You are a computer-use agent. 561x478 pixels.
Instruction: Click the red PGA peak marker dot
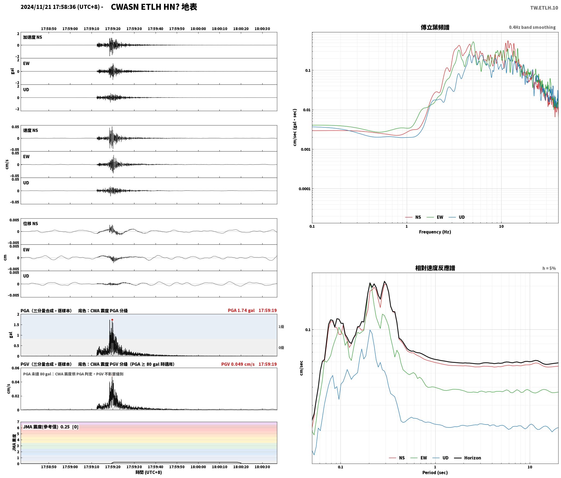click(112, 320)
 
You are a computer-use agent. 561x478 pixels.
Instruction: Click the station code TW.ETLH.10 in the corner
click(544, 8)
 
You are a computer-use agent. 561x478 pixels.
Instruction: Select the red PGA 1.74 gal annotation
click(241, 310)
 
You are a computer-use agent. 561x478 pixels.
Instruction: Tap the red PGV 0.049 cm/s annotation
click(238, 364)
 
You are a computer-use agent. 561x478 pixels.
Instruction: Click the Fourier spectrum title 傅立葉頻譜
click(435, 27)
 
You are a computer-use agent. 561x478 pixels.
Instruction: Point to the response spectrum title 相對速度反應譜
click(435, 268)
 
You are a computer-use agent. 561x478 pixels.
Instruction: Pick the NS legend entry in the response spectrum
click(397, 458)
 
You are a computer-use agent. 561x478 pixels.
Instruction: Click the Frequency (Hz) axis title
click(435, 232)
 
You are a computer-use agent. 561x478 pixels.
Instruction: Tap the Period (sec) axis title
click(435, 473)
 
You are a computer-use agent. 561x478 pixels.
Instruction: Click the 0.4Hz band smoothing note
click(532, 27)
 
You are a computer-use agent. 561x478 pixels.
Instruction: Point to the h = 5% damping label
click(549, 268)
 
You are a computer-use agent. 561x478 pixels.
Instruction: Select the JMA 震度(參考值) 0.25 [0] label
click(51, 427)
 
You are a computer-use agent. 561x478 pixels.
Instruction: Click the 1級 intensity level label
click(281, 326)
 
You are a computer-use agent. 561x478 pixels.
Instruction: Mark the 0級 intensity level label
click(281, 347)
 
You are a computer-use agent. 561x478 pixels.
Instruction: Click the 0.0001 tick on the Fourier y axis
click(304, 189)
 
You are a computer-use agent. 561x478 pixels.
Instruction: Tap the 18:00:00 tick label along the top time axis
click(198, 29)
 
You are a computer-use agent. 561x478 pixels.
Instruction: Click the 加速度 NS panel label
click(33, 37)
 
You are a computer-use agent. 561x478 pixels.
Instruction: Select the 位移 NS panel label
click(30, 224)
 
